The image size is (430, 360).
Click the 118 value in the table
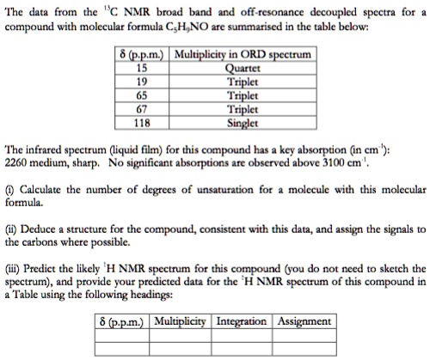coord(143,121)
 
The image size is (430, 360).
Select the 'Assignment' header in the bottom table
coord(304,320)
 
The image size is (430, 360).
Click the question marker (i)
coord(10,187)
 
